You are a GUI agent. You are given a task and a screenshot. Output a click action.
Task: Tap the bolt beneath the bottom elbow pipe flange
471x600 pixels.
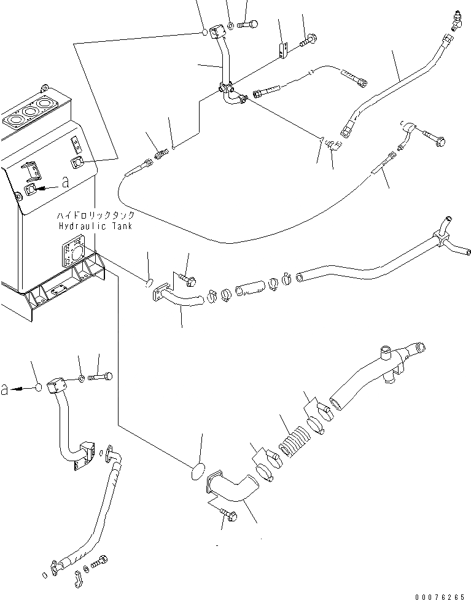coord(228,518)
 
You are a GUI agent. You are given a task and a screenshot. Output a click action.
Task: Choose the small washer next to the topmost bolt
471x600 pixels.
coord(230,25)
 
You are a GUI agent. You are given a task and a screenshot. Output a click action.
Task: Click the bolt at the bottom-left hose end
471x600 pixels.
coord(100,561)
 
